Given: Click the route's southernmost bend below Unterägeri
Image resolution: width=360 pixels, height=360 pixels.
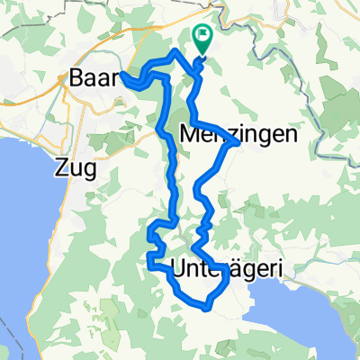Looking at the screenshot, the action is click(207, 308).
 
